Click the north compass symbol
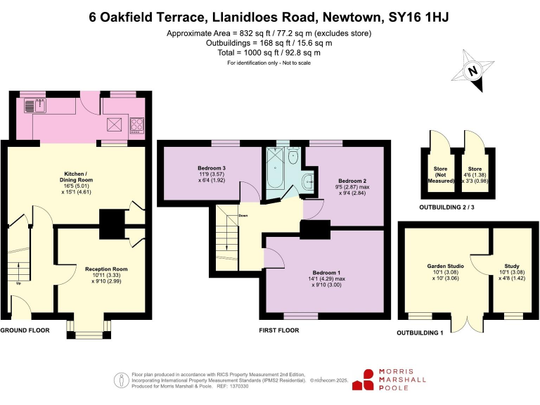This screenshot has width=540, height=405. [472, 70]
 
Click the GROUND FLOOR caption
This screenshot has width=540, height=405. [25, 329]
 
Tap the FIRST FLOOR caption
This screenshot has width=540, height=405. [278, 330]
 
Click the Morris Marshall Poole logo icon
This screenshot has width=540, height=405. [366, 379]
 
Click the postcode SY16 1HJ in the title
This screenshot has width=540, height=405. [416, 16]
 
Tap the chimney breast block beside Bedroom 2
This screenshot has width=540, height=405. [315, 230]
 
